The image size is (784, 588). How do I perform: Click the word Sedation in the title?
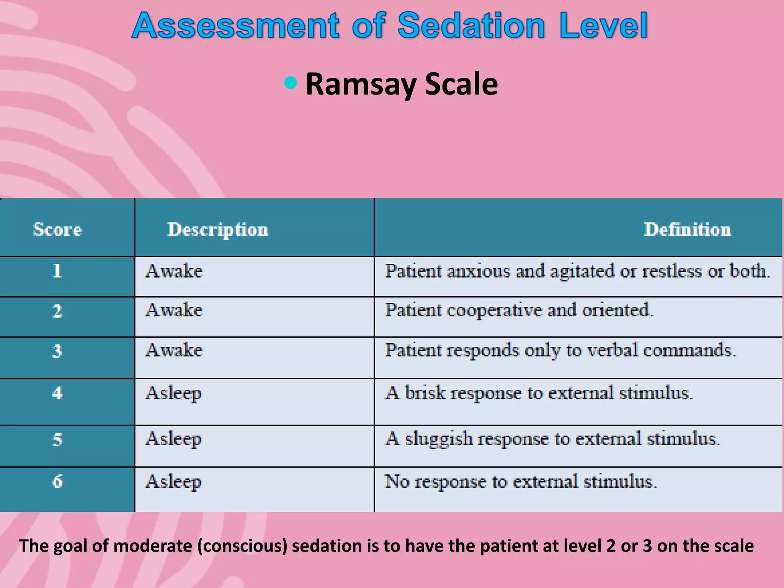(x=471, y=26)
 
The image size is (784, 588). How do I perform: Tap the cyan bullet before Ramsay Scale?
(x=291, y=83)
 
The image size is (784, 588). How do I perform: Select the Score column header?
(x=57, y=229)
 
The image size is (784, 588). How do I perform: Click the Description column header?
(x=218, y=229)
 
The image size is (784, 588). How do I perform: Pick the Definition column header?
(x=687, y=229)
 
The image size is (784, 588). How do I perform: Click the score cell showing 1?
(x=57, y=271)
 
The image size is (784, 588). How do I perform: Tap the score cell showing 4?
(x=57, y=393)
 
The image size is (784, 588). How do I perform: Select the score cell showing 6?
(x=57, y=481)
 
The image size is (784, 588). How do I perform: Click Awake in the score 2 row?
(x=174, y=310)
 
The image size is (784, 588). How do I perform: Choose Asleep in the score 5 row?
(x=173, y=439)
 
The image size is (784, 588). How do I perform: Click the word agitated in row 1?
(x=582, y=271)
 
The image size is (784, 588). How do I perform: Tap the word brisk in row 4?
(x=425, y=393)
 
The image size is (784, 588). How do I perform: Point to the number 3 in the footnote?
(x=647, y=546)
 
